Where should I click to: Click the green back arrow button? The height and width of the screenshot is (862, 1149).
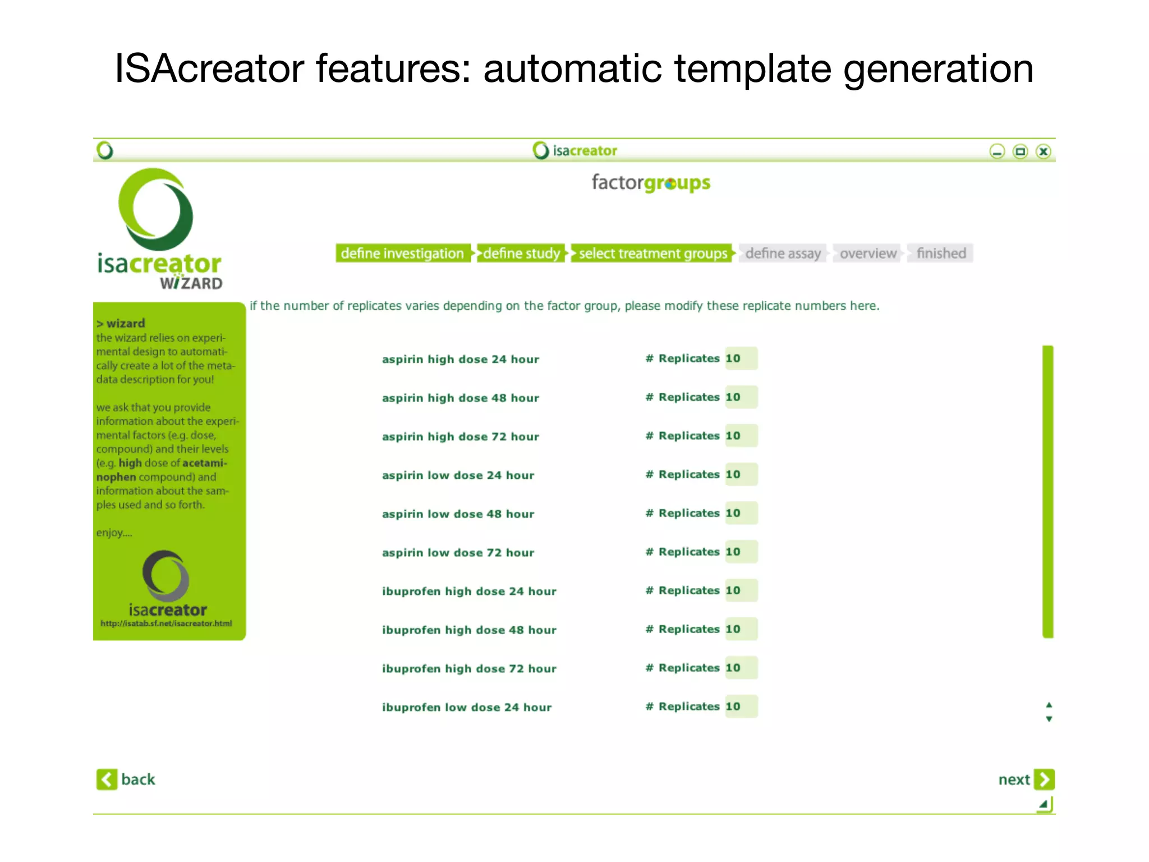(x=107, y=780)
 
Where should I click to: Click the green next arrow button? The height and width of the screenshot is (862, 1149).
(x=1044, y=780)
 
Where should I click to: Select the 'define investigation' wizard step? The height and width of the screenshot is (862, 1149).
(x=402, y=254)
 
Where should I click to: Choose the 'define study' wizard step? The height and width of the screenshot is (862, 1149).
(x=521, y=254)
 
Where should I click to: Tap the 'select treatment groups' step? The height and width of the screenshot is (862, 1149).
(x=652, y=254)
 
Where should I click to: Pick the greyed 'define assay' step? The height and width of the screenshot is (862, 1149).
(x=783, y=254)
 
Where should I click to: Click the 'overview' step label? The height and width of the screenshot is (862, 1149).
(x=868, y=254)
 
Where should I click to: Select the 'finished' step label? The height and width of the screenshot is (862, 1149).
(x=941, y=254)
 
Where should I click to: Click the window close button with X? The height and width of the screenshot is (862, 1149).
(x=1043, y=152)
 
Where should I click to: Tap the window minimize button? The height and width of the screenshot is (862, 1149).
(x=997, y=152)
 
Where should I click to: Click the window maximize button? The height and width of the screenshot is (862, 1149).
(x=1020, y=152)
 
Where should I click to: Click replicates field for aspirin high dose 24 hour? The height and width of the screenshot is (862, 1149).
(x=741, y=359)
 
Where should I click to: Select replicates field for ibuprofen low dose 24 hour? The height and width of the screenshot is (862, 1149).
(x=741, y=707)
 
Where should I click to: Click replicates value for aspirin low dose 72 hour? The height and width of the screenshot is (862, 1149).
(x=741, y=552)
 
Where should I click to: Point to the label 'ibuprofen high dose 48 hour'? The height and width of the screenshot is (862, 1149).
(x=469, y=630)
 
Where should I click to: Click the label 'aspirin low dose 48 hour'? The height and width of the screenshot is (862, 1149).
(x=458, y=514)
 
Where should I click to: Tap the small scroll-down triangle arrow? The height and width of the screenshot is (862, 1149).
(x=1049, y=719)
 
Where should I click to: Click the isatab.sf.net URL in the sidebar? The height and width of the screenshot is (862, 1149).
(x=166, y=623)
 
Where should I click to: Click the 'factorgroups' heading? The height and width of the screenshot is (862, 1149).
(x=651, y=183)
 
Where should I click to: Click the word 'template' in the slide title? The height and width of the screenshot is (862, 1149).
(x=752, y=68)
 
